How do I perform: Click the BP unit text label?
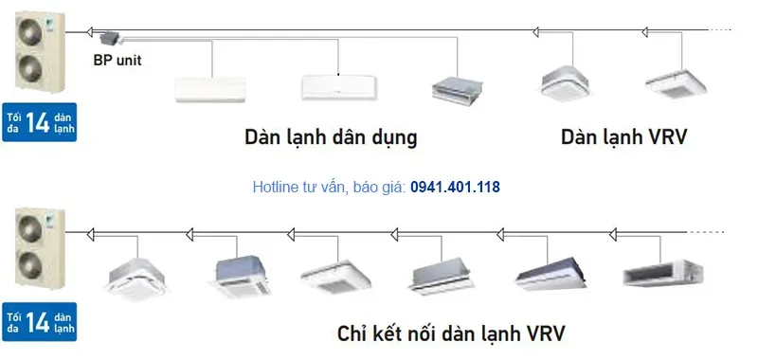(118, 59)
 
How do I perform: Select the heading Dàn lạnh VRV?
(623, 137)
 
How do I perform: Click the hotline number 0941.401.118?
(455, 188)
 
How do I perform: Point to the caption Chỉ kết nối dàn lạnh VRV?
(454, 333)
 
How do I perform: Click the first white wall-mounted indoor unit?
(210, 88)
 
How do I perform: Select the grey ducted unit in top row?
(457, 88)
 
